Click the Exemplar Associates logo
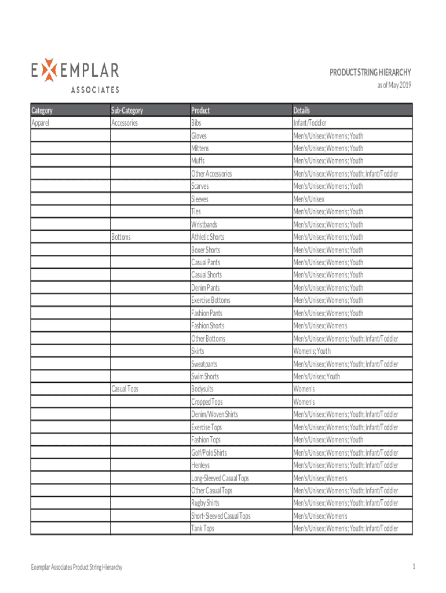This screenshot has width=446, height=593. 75,76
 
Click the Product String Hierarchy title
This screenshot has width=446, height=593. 370,72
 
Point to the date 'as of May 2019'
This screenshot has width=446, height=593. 394,86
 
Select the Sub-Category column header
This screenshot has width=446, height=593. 127,110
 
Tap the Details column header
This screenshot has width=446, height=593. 302,110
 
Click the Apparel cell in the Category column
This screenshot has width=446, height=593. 42,123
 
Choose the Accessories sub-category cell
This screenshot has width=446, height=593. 125,123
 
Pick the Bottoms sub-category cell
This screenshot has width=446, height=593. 121,237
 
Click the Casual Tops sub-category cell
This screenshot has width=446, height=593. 125,389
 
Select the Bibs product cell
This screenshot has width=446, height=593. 198,123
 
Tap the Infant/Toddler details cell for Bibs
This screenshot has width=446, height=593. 310,123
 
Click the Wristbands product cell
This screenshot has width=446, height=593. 204,224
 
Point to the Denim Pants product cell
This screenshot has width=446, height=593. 206,288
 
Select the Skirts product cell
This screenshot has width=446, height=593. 198,351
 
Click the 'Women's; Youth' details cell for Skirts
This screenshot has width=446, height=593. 312,351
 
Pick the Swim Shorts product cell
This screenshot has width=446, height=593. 205,376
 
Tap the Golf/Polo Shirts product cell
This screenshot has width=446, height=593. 209,452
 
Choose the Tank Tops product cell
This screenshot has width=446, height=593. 203,528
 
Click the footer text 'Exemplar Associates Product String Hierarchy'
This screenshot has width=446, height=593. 77,568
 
